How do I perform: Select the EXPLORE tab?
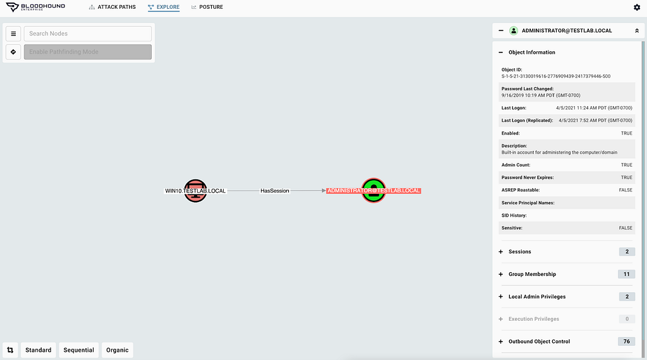[x=164, y=7]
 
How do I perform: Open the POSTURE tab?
[x=207, y=7]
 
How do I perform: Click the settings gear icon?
[x=636, y=7]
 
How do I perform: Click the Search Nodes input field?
[x=88, y=33]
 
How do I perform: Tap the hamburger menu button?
[x=13, y=33]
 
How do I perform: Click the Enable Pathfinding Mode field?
[x=88, y=52]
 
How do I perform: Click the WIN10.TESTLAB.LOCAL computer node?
[x=195, y=191]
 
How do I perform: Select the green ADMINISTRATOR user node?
[x=373, y=190]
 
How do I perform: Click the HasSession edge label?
[x=275, y=191]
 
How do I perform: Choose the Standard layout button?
[x=39, y=350]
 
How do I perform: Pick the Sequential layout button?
[x=79, y=350]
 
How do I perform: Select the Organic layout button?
[x=118, y=350]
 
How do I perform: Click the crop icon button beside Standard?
[x=11, y=350]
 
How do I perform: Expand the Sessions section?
[x=520, y=251]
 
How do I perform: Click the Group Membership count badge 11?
[x=626, y=274]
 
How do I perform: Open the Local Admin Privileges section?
[x=537, y=297]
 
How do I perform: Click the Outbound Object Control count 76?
[x=626, y=341]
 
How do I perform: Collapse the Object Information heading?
[x=531, y=52]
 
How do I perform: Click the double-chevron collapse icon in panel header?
[x=636, y=30]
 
